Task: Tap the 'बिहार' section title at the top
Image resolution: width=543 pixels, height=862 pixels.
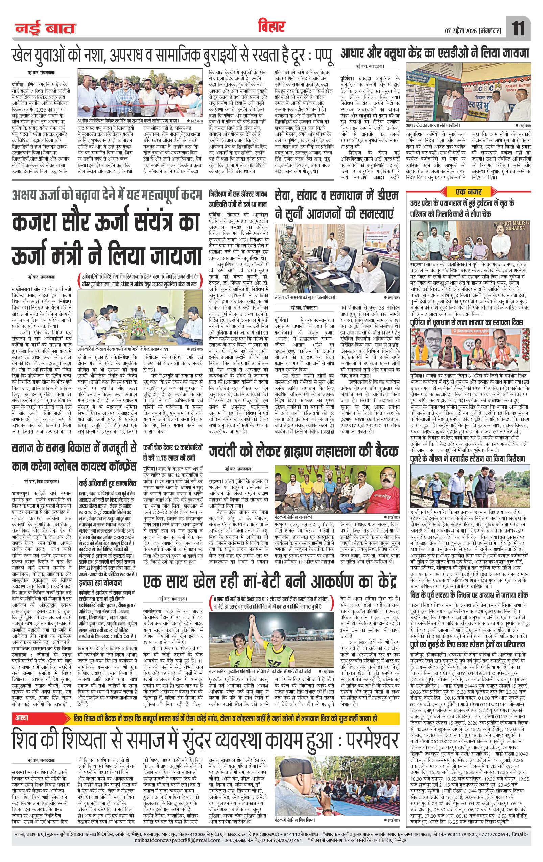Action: (x=271, y=26)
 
